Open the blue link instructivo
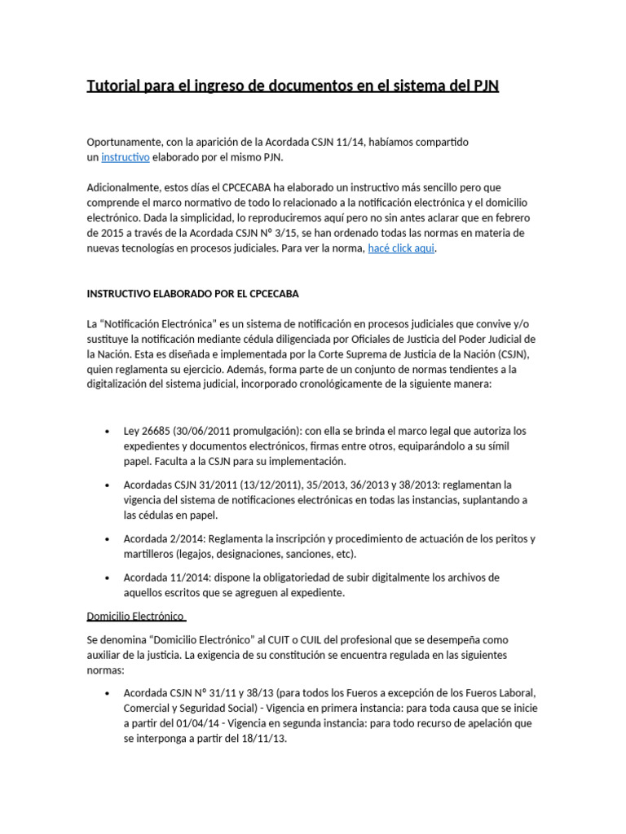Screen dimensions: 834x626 click(125, 156)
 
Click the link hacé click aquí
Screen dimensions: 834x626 click(401, 248)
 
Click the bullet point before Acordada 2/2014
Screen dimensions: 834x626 click(108, 539)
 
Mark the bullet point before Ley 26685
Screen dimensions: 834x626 click(108, 431)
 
